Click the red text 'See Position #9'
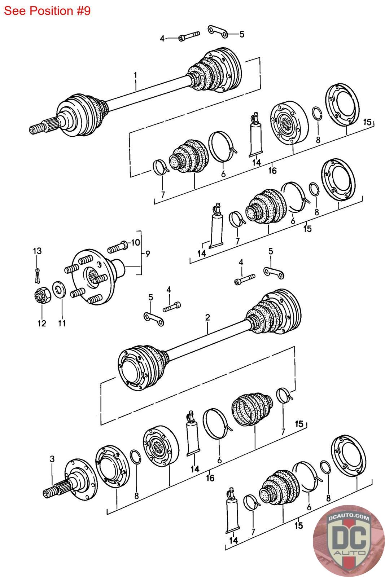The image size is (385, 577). pos(47,11)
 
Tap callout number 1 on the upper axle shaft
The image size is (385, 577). pos(135,76)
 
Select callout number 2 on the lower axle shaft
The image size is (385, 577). pos(208,318)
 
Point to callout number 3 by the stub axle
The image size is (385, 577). pos(52,459)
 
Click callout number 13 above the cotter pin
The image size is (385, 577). pos(37,251)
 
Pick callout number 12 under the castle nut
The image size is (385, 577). pos(42,323)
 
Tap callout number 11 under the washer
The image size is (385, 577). pos(62,323)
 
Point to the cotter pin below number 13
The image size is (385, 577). pos(37,276)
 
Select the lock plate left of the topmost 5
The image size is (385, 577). pos(218,31)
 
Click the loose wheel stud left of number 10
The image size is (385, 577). pos(117,247)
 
